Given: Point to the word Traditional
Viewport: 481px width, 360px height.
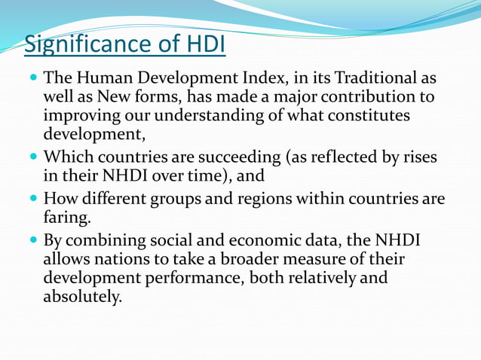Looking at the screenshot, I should (x=365, y=78).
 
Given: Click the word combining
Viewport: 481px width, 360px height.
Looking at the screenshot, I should (x=113, y=240).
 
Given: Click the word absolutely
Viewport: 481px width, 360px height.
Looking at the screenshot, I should (x=82, y=297).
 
